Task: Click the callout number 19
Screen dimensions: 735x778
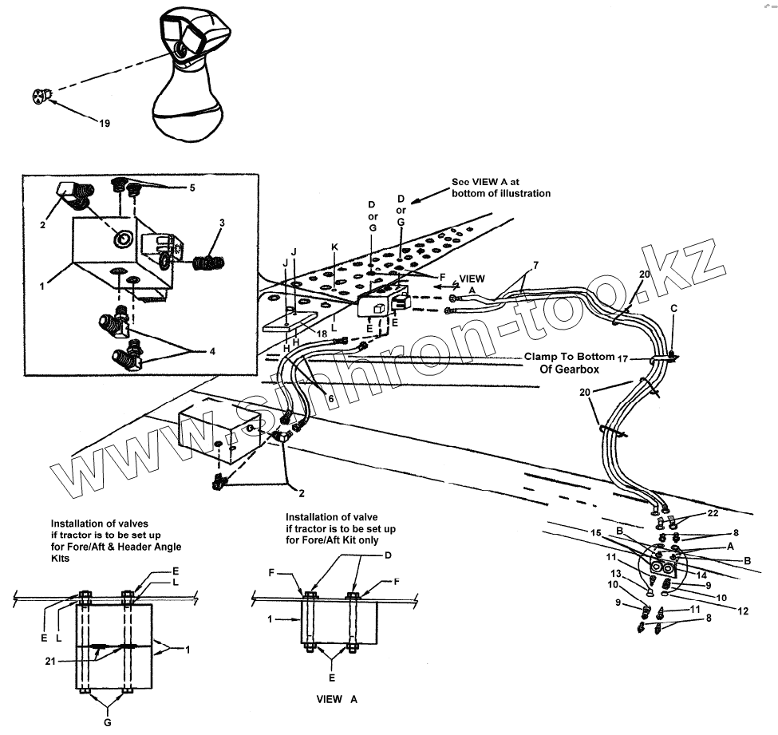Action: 105,123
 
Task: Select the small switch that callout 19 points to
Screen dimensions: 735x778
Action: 41,97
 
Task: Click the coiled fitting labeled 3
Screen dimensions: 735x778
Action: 211,259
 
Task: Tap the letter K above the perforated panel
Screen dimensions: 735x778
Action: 335,249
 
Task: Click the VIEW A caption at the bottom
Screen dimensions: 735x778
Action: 336,698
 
